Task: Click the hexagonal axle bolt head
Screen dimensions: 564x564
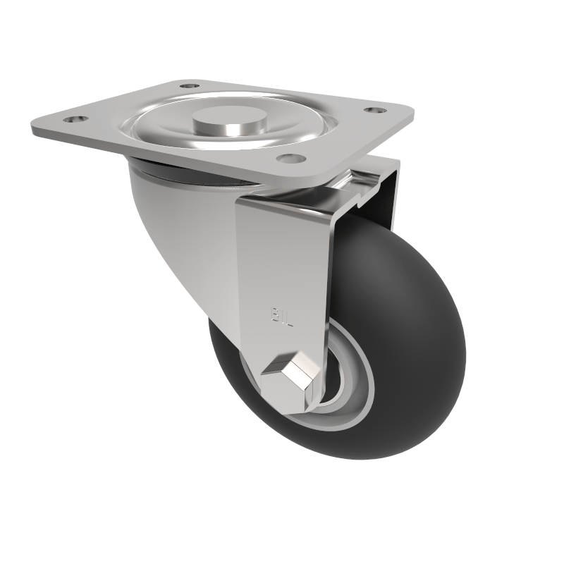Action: (x=289, y=374)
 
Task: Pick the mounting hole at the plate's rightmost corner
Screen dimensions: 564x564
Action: (x=373, y=110)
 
